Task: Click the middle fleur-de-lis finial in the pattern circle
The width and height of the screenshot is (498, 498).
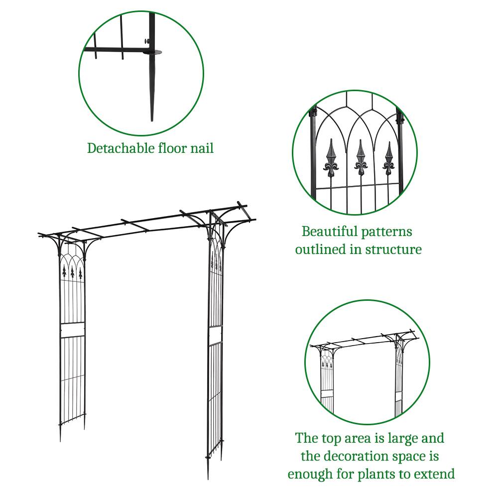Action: [361, 157]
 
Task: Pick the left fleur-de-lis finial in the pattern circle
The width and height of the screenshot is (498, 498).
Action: [331, 157]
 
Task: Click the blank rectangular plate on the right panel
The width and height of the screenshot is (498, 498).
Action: [215, 336]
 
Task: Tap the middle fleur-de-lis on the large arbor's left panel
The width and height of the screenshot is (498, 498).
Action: [72, 272]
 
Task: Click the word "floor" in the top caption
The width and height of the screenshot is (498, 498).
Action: [172, 148]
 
